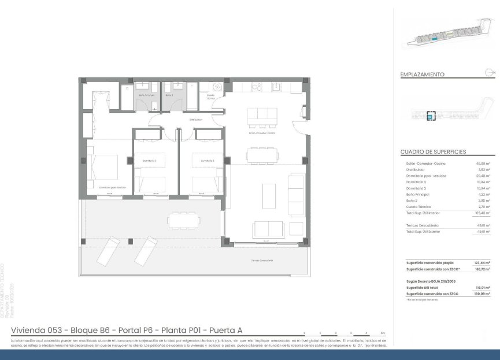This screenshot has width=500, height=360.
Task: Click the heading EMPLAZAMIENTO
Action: pos(422,75)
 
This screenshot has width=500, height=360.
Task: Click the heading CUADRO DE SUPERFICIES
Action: pos(433,152)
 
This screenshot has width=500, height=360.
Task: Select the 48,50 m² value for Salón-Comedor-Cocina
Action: pos(483,164)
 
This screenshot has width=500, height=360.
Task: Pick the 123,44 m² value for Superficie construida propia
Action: pos(482,262)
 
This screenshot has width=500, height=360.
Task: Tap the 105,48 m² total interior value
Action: pos(482,213)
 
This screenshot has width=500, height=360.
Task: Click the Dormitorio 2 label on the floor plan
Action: pos(150,161)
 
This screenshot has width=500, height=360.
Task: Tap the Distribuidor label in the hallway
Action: pos(194,120)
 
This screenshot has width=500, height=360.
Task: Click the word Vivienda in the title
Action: pos(31,330)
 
